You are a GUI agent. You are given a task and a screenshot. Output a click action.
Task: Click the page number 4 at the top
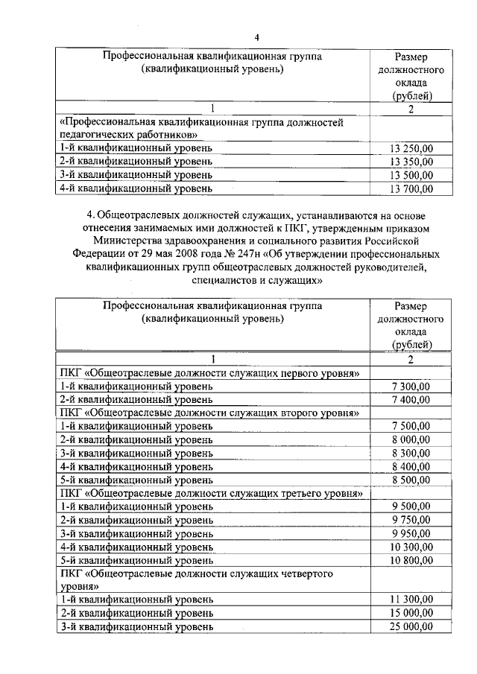pos(256,38)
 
